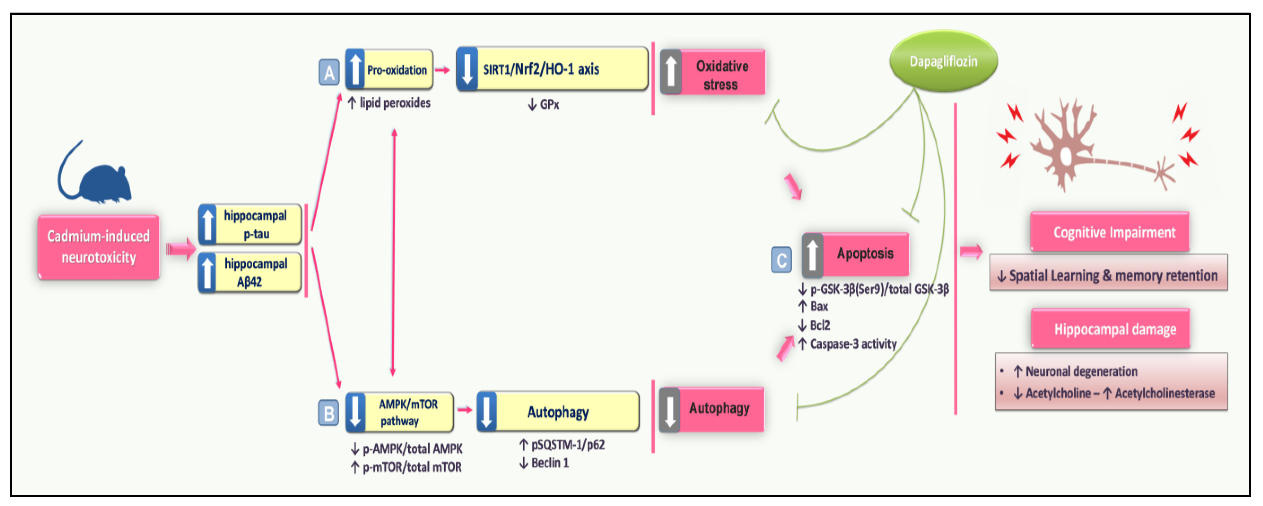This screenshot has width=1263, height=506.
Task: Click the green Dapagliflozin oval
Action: pyautogui.click(x=943, y=61)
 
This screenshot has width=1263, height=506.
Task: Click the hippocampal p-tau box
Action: pyautogui.click(x=250, y=225)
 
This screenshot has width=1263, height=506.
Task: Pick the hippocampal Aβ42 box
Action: pyautogui.click(x=250, y=273)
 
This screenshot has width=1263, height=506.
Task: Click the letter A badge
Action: pyautogui.click(x=329, y=73)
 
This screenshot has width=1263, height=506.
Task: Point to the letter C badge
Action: pyautogui.click(x=781, y=260)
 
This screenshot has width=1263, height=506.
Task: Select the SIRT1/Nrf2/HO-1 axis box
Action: pyautogui.click(x=552, y=69)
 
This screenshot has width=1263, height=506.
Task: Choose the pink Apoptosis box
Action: pyautogui.click(x=856, y=254)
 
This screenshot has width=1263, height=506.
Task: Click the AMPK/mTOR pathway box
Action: pyautogui.click(x=400, y=412)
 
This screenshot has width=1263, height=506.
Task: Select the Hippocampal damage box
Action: pyautogui.click(x=1111, y=329)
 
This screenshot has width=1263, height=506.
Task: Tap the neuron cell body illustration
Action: pyautogui.click(x=1065, y=156)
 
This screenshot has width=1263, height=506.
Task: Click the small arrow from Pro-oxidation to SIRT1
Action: pyautogui.click(x=442, y=70)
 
